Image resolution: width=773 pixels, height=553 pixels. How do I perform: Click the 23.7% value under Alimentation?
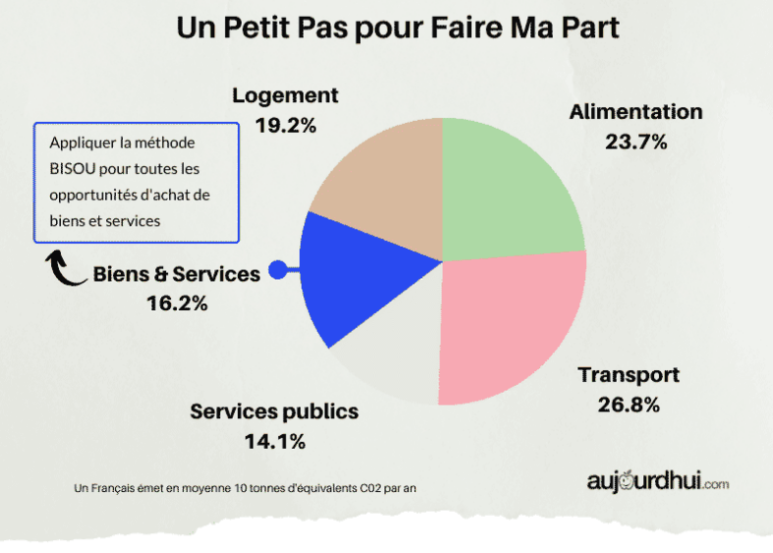[636, 141]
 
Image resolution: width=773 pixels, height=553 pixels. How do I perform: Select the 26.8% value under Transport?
[628, 404]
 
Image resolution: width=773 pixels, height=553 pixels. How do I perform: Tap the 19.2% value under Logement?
[285, 125]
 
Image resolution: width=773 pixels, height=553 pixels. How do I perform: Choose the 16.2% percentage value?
[177, 304]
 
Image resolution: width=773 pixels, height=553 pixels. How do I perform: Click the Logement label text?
[285, 95]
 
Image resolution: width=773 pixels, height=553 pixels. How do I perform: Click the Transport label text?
[629, 375]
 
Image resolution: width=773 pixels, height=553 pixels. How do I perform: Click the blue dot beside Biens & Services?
[278, 270]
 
